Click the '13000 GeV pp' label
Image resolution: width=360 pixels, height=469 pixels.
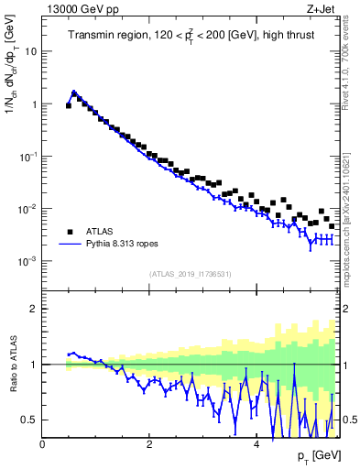pyautogui.click(x=76, y=8)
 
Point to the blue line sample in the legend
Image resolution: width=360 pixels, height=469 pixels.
pyautogui.click(x=69, y=244)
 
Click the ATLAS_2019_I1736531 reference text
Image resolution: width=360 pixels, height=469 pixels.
pyautogui.click(x=191, y=274)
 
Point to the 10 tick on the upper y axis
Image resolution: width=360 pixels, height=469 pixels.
pyautogui.click(x=31, y=51)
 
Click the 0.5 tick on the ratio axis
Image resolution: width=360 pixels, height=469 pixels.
pyautogui.click(x=30, y=420)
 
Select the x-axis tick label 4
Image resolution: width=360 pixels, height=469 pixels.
pyautogui.click(x=256, y=444)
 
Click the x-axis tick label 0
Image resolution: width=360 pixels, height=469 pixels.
pyautogui.click(x=43, y=444)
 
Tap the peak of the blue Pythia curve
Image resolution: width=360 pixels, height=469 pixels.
pyautogui.click(x=73, y=92)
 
